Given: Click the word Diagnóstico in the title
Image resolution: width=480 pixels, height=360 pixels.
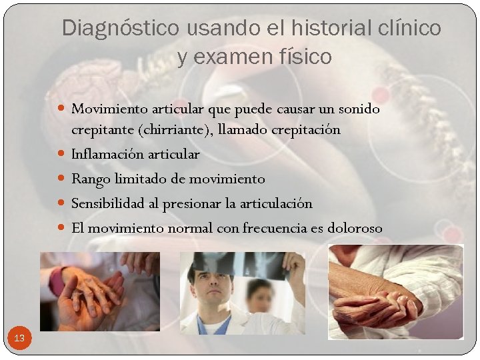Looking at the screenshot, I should click(x=120, y=28).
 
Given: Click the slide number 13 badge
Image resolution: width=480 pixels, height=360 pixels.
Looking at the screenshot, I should click(x=19, y=339).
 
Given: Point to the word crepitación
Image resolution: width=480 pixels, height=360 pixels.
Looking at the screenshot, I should click(x=305, y=129).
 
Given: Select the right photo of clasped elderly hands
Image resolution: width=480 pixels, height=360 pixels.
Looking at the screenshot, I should click(x=395, y=291).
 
